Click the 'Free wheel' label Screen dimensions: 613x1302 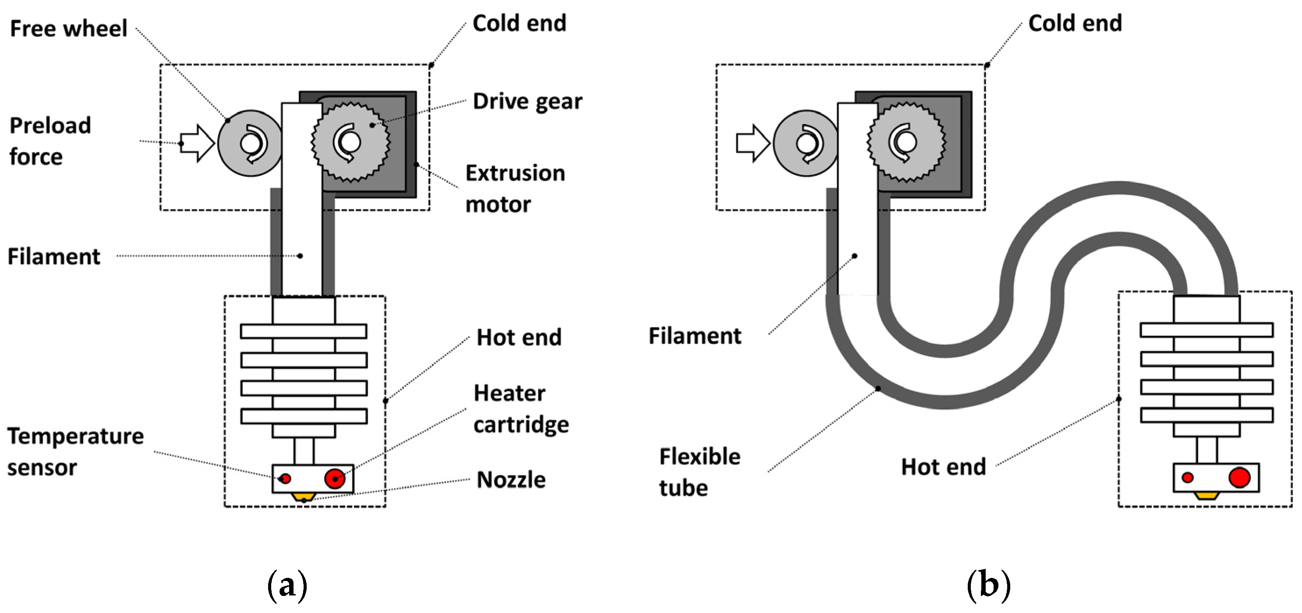point(68,29)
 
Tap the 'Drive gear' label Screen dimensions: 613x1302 point(527,101)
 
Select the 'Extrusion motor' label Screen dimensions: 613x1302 point(514,188)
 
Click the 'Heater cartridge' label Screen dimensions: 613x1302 point(520,408)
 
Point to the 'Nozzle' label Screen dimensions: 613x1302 point(511,479)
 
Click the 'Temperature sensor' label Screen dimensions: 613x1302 point(75,451)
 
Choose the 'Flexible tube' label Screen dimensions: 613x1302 point(700,472)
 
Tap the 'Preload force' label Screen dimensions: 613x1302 point(50,141)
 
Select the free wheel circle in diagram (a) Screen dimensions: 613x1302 point(250,143)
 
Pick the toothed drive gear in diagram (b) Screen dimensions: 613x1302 point(906,142)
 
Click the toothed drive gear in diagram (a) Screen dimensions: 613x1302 point(350,142)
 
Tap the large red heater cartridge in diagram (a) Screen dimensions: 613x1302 point(335,478)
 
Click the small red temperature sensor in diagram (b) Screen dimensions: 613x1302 point(1188,477)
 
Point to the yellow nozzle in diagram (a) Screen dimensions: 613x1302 point(303,497)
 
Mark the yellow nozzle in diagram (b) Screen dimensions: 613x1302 point(1206,495)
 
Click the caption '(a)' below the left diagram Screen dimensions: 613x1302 point(287,585)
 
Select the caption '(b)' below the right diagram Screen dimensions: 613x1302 point(988,585)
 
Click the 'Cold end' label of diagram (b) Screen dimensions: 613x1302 point(1075,23)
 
